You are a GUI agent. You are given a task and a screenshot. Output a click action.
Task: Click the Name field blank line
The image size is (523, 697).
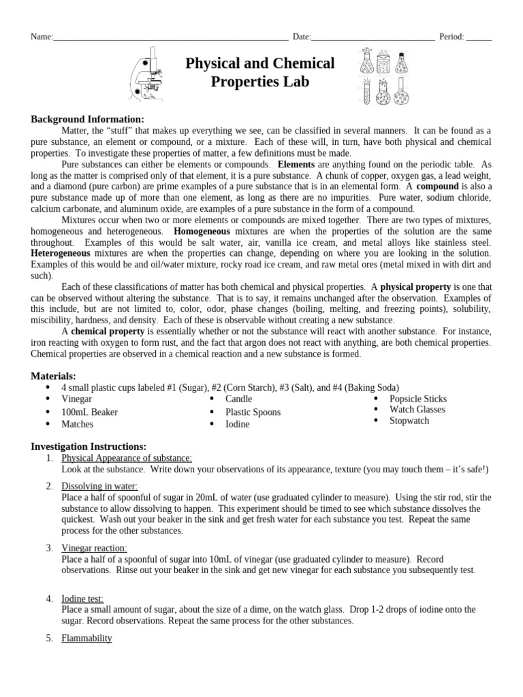click(170, 39)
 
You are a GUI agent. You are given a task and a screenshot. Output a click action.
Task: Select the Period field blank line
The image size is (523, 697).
click(479, 39)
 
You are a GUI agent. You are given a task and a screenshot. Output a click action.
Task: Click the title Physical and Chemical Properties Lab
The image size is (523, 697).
click(260, 73)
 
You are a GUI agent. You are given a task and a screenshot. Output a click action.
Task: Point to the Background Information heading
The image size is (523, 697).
click(87, 119)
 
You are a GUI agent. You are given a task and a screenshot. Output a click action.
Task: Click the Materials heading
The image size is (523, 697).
click(54, 376)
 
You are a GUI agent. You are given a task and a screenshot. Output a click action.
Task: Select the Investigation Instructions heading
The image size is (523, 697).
click(89, 446)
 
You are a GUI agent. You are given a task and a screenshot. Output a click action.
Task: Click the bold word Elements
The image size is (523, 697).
click(296, 165)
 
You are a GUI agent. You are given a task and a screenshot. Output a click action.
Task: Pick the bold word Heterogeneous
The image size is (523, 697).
click(59, 253)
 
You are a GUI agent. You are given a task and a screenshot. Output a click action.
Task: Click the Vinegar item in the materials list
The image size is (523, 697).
click(76, 399)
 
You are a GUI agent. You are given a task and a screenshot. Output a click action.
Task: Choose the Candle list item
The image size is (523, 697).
click(238, 399)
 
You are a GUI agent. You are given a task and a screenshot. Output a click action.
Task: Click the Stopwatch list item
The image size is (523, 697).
click(409, 421)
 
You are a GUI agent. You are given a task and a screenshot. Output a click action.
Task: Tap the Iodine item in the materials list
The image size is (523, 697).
click(238, 424)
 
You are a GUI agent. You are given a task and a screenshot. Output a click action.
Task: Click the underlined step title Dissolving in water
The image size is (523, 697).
click(99, 486)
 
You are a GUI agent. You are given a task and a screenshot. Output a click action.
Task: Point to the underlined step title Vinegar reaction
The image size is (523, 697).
click(94, 548)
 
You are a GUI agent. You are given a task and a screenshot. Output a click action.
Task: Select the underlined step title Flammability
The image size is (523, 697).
click(86, 638)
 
